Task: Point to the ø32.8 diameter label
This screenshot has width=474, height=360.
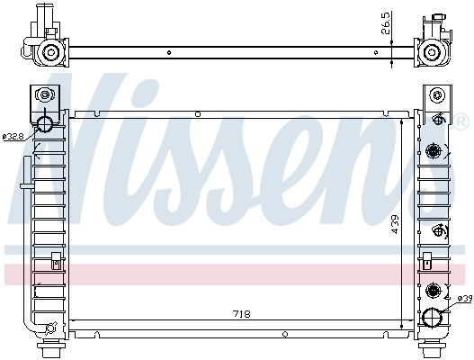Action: point(13,137)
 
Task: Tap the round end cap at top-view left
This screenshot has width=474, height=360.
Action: point(50,53)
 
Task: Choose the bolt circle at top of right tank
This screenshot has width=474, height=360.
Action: point(437,96)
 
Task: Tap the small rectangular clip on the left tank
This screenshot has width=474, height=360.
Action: point(56,262)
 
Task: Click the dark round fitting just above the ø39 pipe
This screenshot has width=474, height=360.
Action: point(435,290)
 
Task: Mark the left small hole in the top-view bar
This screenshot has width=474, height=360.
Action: point(169,51)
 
